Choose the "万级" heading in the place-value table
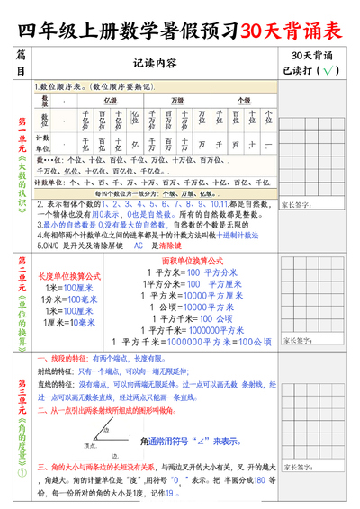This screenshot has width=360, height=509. pos(178,100)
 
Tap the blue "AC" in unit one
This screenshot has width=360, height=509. pos(138,245)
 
